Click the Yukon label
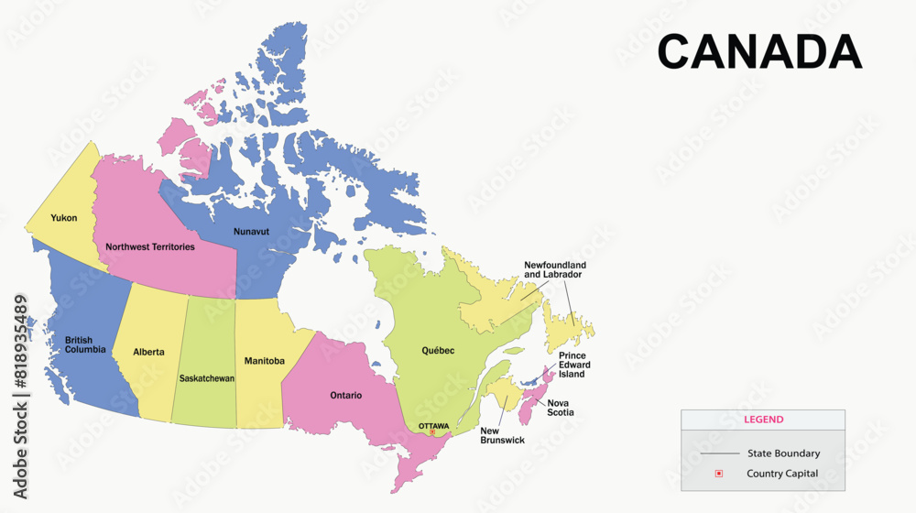click(64, 218)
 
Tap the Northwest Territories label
click(150, 247)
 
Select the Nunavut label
click(251, 232)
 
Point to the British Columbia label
click(85, 344)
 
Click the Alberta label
click(148, 352)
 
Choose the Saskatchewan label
click(207, 378)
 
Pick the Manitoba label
click(264, 361)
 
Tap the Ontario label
click(345, 396)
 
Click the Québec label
click(438, 351)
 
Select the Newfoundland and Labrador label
click(555, 269)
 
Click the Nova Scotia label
click(561, 408)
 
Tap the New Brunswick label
click(502, 435)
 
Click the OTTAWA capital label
click(433, 426)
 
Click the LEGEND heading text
click(763, 420)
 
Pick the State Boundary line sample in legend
click(719, 453)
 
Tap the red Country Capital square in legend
click(719, 474)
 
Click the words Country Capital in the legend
click(782, 474)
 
